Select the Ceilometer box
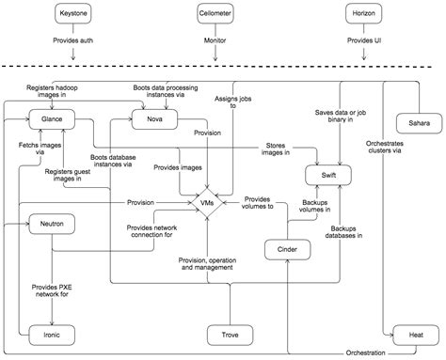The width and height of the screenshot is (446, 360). point(216,15)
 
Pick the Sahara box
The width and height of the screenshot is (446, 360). point(413,124)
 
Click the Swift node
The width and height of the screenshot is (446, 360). point(322,174)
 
